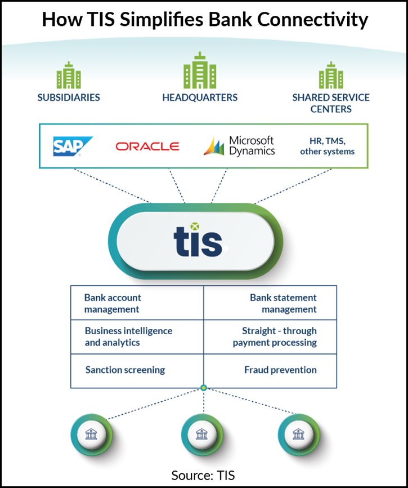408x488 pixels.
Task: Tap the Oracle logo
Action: [147, 147]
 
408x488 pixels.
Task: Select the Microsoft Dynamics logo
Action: [239, 145]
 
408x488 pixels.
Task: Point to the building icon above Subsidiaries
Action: [69, 76]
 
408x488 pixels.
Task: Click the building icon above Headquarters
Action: [200, 71]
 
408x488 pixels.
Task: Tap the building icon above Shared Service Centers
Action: [331, 76]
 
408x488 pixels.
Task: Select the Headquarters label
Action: [200, 97]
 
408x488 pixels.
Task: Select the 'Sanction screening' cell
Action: [125, 370]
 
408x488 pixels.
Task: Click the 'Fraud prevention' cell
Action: [280, 370]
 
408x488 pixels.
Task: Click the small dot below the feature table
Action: [204, 388]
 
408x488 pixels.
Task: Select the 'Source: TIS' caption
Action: [204, 475]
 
